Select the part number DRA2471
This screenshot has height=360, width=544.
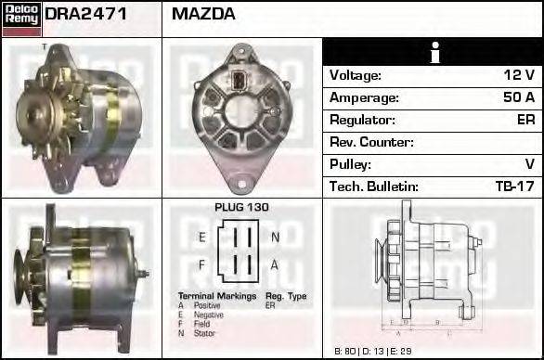85,15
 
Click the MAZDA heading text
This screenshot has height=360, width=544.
203,15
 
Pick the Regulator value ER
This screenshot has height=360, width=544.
525,120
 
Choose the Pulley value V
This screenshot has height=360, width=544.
529,164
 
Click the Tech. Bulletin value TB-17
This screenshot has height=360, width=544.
514,186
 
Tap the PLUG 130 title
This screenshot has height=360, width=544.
241,208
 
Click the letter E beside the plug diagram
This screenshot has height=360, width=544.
201,238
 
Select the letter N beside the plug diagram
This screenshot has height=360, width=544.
275,238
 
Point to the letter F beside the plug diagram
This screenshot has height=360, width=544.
201,264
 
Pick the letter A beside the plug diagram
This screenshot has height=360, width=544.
275,264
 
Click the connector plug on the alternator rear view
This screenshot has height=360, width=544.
240,79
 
